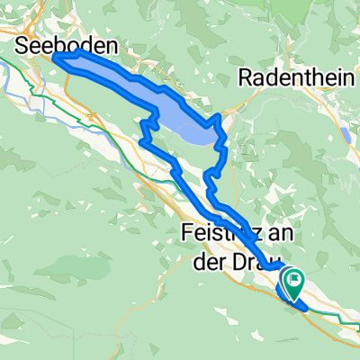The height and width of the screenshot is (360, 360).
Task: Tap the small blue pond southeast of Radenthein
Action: click(x=345, y=135)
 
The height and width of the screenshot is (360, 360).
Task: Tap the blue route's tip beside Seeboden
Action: click(x=57, y=58)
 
